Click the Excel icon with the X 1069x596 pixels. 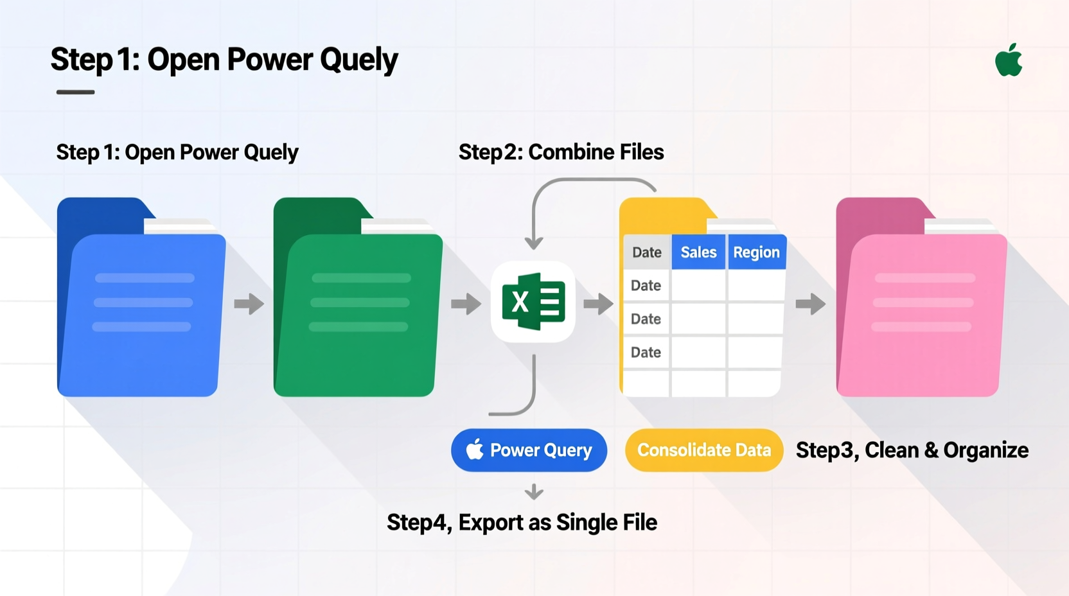(533, 302)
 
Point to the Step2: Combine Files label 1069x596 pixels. (561, 152)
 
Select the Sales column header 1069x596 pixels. (698, 252)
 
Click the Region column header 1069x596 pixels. (756, 252)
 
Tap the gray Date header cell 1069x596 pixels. (646, 252)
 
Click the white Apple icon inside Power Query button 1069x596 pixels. (475, 450)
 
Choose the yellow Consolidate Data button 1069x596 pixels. (703, 450)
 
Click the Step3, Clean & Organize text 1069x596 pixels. (912, 450)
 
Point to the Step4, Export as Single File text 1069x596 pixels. (522, 523)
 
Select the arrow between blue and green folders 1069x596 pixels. (249, 304)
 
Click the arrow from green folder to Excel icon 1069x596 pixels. (466, 304)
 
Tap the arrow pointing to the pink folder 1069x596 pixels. (810, 304)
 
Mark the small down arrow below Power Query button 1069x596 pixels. (534, 493)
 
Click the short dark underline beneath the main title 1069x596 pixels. (75, 92)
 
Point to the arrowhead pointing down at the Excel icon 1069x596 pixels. (534, 243)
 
